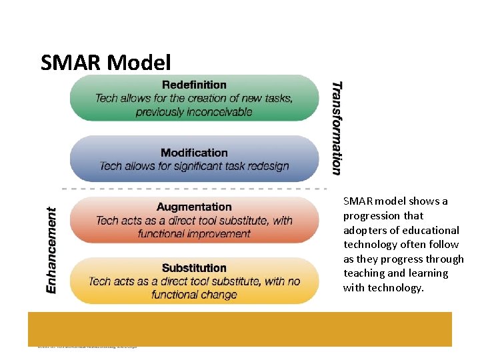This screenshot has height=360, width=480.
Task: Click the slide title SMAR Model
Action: [x=105, y=63]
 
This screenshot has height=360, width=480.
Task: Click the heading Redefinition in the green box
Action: [x=194, y=85]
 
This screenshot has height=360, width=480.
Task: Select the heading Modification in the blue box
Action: [x=194, y=153]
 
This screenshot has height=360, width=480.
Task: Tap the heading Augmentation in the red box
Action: [x=194, y=207]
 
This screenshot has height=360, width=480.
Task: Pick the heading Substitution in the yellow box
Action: [x=194, y=267]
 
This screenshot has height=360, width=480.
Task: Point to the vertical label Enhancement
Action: [x=51, y=250]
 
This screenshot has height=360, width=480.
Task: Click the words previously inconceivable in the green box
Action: [x=194, y=112]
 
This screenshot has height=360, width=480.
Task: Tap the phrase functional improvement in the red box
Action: [x=194, y=234]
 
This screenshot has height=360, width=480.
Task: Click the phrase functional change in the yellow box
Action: [x=194, y=295]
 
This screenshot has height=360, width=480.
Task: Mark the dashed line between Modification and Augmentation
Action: [x=193, y=189]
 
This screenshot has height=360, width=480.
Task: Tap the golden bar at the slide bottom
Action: [x=240, y=328]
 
